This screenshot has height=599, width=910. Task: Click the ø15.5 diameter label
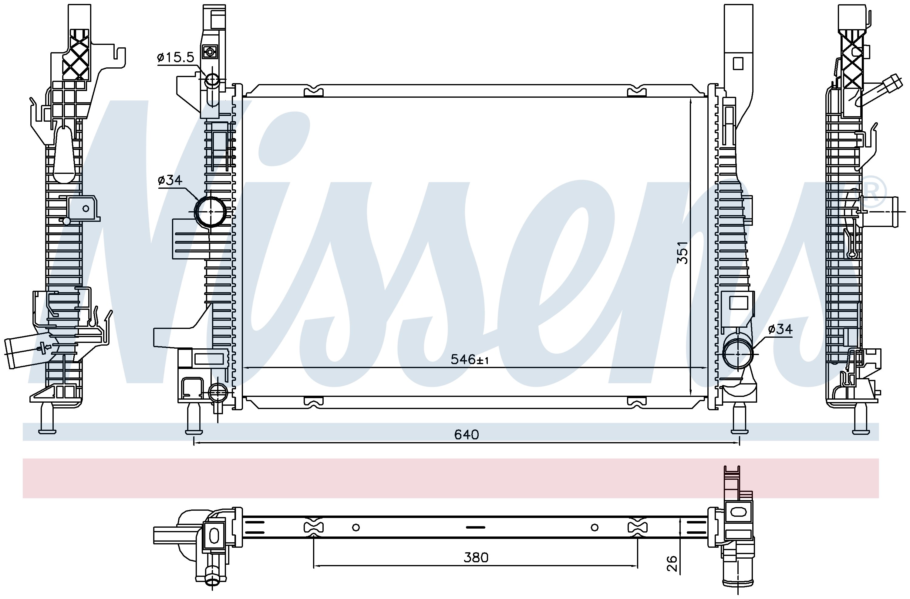176,57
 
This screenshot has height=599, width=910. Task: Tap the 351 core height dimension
682,252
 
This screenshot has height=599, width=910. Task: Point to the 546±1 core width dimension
470,360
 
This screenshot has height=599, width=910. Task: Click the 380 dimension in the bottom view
476,558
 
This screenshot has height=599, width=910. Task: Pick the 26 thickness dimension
672,563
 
